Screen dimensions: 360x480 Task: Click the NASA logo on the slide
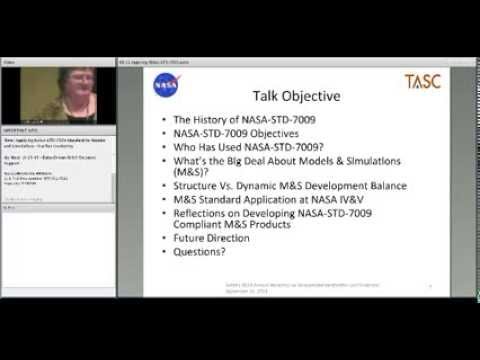[x=166, y=87]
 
